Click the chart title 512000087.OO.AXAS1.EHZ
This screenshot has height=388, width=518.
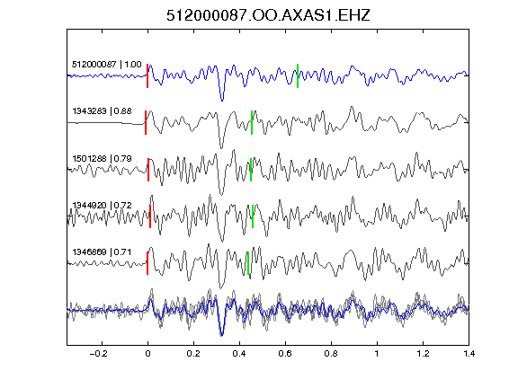pyautogui.click(x=268, y=15)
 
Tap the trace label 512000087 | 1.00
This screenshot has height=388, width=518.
pyautogui.click(x=106, y=64)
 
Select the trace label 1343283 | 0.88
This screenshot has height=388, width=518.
pyautogui.click(x=102, y=111)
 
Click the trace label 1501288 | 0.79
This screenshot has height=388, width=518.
pyautogui.click(x=102, y=159)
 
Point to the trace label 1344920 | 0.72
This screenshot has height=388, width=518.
pyautogui.click(x=102, y=205)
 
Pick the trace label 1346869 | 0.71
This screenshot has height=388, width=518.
pyautogui.click(x=102, y=252)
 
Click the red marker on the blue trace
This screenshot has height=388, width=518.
pyautogui.click(x=147, y=75)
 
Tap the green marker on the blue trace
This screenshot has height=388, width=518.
pyautogui.click(x=298, y=75)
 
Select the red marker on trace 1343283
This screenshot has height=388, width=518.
pyautogui.click(x=146, y=123)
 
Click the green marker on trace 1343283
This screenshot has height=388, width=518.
pyautogui.click(x=252, y=123)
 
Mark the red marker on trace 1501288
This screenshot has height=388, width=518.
pyautogui.click(x=148, y=170)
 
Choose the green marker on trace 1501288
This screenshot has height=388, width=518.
pyautogui.click(x=251, y=170)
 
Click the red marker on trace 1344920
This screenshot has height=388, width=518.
pyautogui.click(x=150, y=216)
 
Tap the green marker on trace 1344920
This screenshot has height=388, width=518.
pyautogui.click(x=253, y=216)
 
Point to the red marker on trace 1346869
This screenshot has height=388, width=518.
pyautogui.click(x=147, y=263)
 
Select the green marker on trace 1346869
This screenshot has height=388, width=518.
pyautogui.click(x=248, y=263)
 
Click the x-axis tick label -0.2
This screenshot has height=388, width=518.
pyautogui.click(x=98, y=354)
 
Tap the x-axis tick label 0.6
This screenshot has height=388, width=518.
pyautogui.click(x=285, y=354)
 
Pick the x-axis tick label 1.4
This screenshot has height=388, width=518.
pyautogui.click(x=469, y=354)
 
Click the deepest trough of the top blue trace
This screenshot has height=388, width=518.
pyautogui.click(x=222, y=100)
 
